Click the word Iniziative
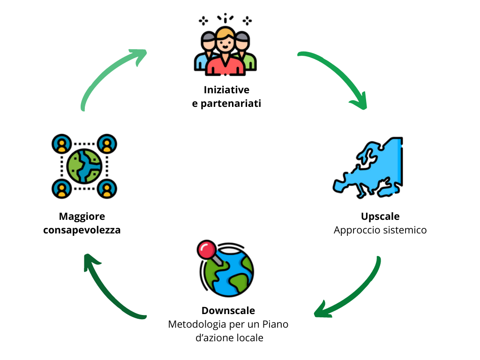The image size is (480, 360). pyautogui.click(x=226, y=90)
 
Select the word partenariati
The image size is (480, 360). pyautogui.click(x=231, y=104)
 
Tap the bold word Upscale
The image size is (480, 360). pyautogui.click(x=380, y=217)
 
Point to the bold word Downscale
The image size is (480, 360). pyautogui.click(x=228, y=310)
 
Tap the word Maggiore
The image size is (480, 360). pyautogui.click(x=82, y=217)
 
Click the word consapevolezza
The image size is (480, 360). pyautogui.click(x=82, y=230)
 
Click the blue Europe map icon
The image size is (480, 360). pyautogui.click(x=368, y=168)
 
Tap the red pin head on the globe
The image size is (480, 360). pyautogui.click(x=207, y=249)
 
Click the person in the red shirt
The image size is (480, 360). pyautogui.click(x=225, y=52)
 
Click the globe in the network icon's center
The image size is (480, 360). pyautogui.click(x=84, y=166)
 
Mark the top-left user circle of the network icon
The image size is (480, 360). pyautogui.click(x=61, y=144)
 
